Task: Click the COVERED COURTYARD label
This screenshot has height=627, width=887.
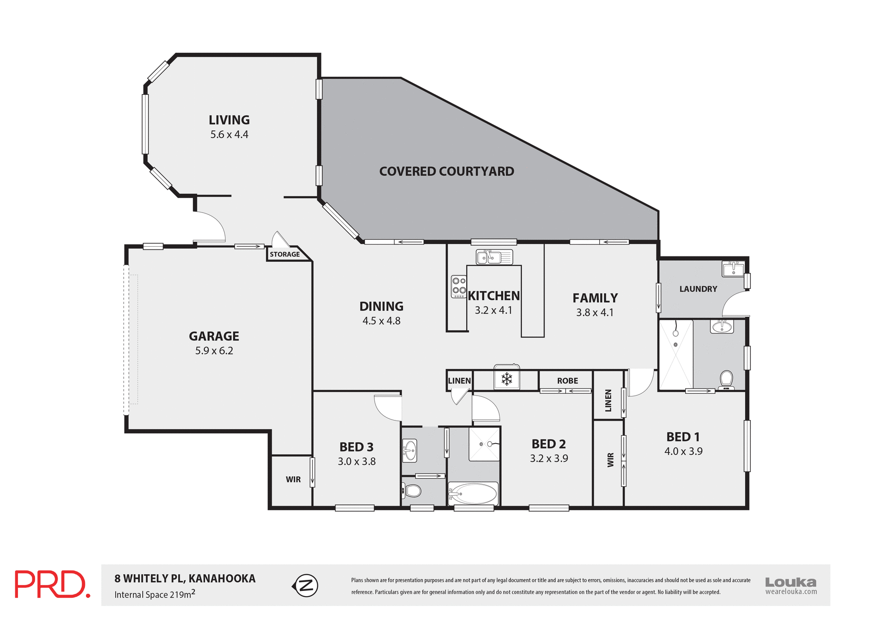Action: (446, 171)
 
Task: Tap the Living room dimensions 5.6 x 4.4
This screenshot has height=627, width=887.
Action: (229, 134)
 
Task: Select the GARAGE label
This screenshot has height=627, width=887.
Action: (214, 336)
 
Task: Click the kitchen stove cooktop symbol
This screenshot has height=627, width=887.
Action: (459, 286)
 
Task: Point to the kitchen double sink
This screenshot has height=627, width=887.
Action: (494, 257)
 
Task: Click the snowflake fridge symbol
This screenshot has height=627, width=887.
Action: (507, 379)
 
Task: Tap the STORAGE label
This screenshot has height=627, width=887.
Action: (285, 255)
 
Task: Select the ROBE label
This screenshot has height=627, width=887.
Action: (567, 381)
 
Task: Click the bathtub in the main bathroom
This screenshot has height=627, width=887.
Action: (473, 494)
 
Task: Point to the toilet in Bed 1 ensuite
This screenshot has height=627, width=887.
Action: (727, 379)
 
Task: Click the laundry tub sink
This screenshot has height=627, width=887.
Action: (733, 268)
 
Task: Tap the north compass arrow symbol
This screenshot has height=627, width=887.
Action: (306, 585)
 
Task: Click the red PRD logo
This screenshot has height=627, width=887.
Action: (52, 584)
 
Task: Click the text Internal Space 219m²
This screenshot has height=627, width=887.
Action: (155, 594)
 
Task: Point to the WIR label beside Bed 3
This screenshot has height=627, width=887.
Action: (293, 480)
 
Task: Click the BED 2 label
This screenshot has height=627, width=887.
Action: (548, 444)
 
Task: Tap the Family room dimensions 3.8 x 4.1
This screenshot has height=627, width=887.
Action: (595, 313)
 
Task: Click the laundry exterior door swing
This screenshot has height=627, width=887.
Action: (735, 304)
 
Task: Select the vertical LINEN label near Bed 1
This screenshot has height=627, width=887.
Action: (608, 400)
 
